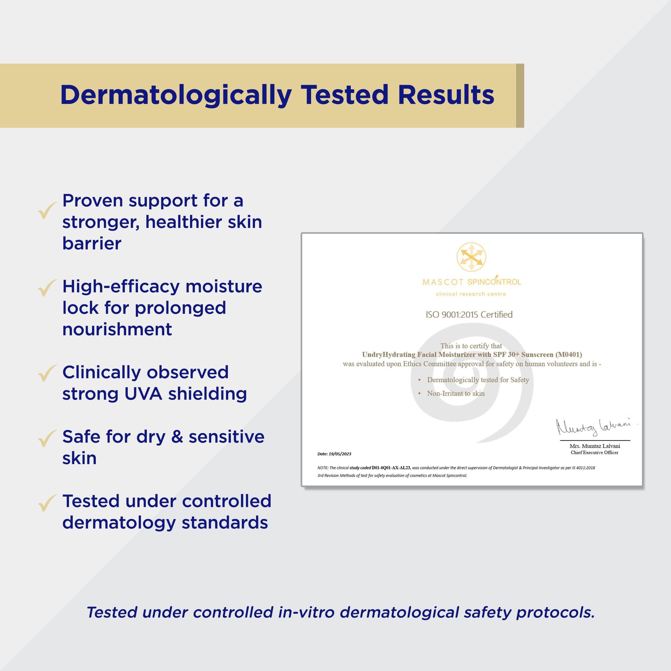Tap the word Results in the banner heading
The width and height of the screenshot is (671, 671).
pos(446,95)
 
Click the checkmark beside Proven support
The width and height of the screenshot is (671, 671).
pos(47,210)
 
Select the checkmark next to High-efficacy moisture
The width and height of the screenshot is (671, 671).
pos(47,288)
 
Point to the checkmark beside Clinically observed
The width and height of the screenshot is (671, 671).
pos(47,373)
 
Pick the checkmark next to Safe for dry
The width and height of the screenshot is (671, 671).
pos(47,438)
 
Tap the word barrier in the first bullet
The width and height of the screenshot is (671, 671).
pos(92,243)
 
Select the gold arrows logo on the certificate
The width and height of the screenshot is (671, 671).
pos(471,257)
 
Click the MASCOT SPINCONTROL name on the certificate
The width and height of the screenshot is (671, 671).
pos(472,281)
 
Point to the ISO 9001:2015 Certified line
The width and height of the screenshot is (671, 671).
pos(469,315)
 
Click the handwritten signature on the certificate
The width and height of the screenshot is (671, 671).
pos(594,426)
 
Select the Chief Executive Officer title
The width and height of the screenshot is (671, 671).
pos(595,453)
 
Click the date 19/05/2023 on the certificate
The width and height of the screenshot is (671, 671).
pos(340,454)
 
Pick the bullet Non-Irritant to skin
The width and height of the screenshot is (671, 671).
pos(456,393)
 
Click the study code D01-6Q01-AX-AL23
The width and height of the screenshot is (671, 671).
pos(391,468)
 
